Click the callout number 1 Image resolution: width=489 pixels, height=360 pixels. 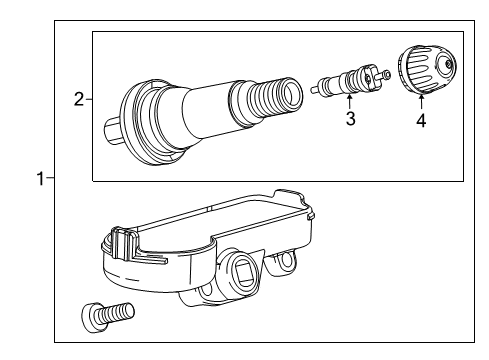[39, 179]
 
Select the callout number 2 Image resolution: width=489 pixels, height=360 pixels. [78, 99]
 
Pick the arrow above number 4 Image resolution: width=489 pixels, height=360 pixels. [421, 102]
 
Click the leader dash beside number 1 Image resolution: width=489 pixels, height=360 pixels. [50, 179]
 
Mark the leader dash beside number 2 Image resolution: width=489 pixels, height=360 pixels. [88, 99]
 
